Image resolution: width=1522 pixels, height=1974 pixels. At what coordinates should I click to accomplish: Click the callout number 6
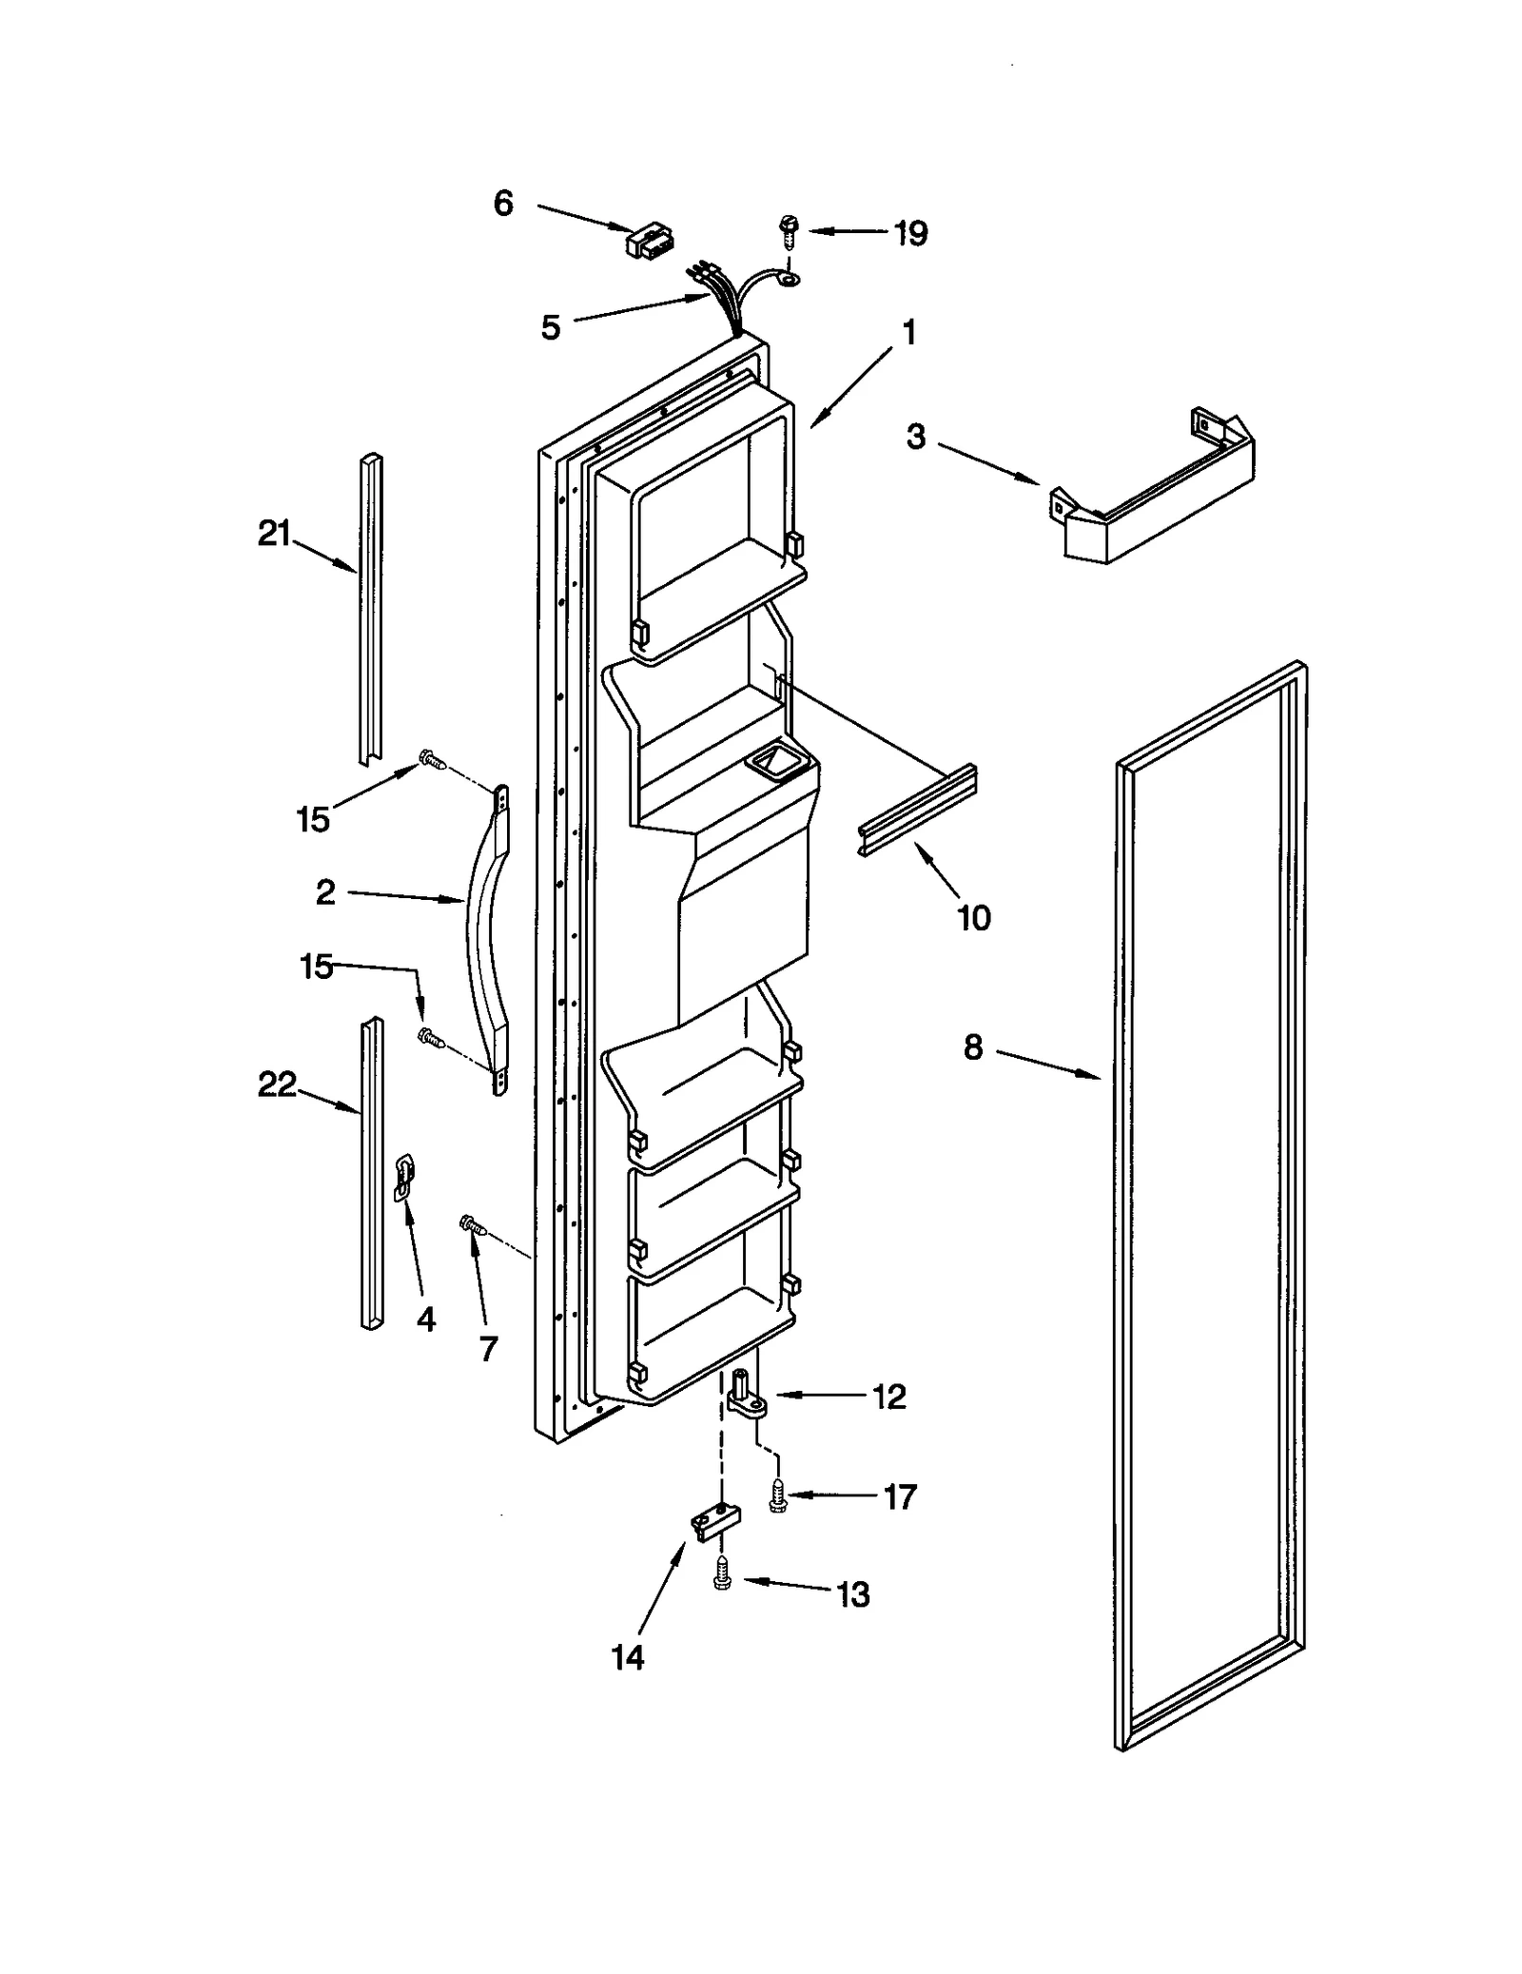503,203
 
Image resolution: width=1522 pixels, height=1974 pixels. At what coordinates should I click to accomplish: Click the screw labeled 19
789,231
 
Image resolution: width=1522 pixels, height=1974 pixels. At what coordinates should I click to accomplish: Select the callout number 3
915,437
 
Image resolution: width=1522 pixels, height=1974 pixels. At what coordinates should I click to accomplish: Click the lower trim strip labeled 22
372,1176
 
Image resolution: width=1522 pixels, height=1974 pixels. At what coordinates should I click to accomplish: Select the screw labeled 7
472,1225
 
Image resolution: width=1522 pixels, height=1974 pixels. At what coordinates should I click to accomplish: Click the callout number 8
972,1047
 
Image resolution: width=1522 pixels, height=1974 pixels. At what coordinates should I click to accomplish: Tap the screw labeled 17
778,1498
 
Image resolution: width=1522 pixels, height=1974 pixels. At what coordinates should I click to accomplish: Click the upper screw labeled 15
432,759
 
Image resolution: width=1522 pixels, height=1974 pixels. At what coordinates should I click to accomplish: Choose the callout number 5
551,327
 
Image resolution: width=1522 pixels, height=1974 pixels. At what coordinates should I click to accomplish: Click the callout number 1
909,333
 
